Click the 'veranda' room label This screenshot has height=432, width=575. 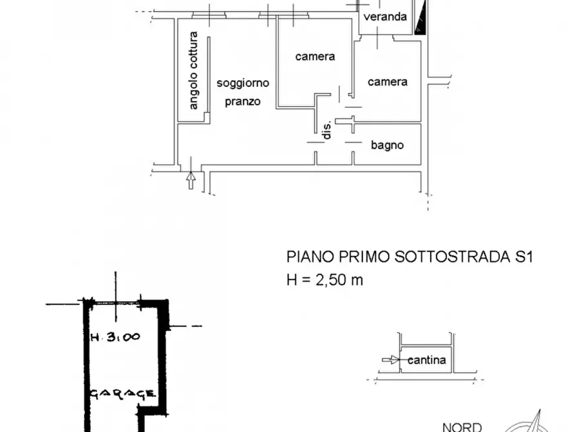point(385,17)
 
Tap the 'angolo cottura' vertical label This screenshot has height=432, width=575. point(194,70)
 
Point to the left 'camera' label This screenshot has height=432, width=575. point(315,57)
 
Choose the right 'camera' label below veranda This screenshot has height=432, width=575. point(387,82)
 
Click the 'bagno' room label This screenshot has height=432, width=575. point(387,145)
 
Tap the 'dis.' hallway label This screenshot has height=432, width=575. point(327,130)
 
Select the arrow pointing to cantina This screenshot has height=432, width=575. point(389,360)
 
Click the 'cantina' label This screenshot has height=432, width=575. point(426,360)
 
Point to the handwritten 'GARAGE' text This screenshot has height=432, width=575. point(122,393)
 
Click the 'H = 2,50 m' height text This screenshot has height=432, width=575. point(325,280)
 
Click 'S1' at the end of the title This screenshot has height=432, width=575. point(523,257)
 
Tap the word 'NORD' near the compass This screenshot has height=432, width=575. point(462,426)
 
